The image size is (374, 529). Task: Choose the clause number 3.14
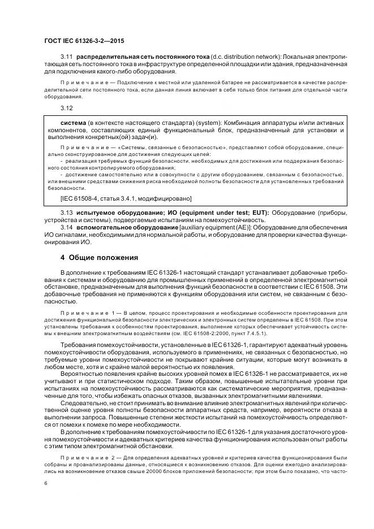point(67,227)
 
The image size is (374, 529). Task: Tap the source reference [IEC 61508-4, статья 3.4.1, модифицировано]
point(126,198)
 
